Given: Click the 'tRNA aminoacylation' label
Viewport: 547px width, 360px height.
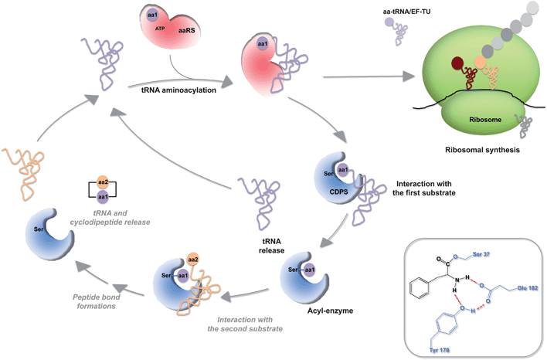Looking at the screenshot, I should pos(178,90).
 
